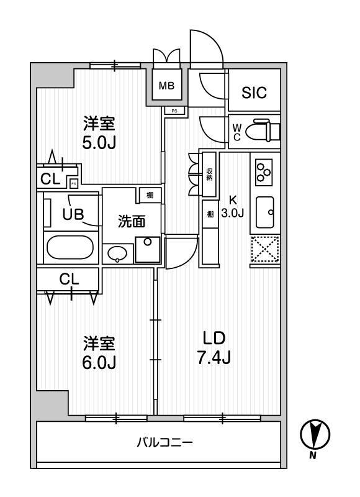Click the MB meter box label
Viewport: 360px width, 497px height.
[166, 85]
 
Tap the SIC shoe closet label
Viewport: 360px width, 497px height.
[254, 93]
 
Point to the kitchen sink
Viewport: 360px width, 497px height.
[266, 212]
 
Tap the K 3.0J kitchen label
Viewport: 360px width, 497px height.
[233, 206]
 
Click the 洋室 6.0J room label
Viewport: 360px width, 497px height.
[99, 352]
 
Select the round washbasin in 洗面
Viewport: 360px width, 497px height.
[117, 253]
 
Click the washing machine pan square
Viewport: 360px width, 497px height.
[148, 250]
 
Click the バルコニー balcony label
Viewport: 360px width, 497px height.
[164, 443]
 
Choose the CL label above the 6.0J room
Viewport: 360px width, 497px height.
[69, 280]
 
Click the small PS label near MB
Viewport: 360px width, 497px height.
[174, 111]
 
